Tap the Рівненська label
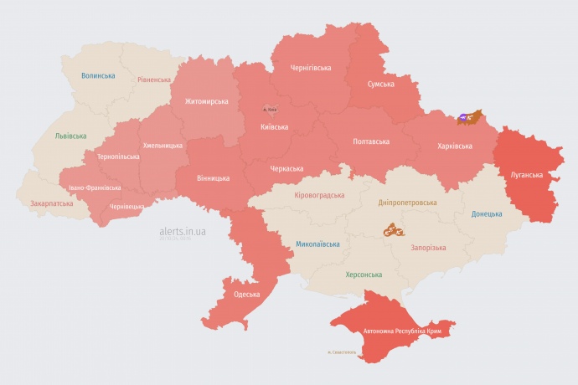[x=154, y=80]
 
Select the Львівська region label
[x=70, y=135]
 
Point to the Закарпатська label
[x=50, y=203]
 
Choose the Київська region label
[x=274, y=127]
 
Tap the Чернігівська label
[x=310, y=67]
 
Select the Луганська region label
[x=526, y=175]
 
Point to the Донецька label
[x=487, y=213]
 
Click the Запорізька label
[x=428, y=248]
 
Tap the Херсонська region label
[x=364, y=275]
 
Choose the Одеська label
[x=246, y=295]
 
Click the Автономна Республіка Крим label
[x=402, y=331]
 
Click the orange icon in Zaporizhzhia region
[x=394, y=229]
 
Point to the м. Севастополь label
[x=342, y=352]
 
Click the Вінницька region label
[x=213, y=178]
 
